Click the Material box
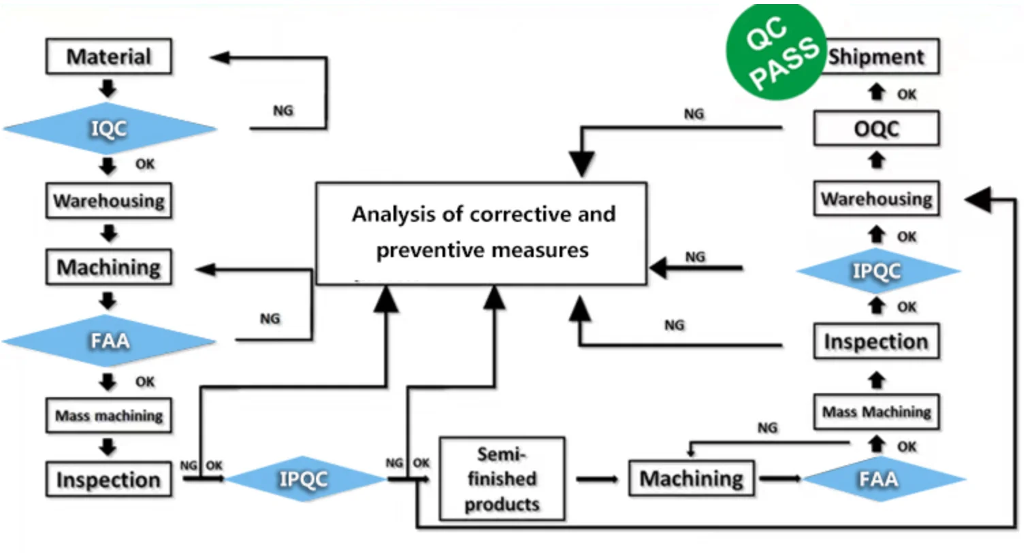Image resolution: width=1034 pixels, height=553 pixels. click(x=108, y=56)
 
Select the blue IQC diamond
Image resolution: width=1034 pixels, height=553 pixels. click(x=110, y=129)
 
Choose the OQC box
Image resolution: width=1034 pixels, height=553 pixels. click(x=876, y=129)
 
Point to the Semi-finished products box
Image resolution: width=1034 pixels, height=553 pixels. click(x=502, y=479)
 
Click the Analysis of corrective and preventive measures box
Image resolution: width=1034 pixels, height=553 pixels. click(x=481, y=233)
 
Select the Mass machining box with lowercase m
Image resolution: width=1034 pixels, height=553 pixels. click(x=108, y=415)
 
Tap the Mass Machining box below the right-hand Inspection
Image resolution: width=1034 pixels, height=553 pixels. click(x=876, y=412)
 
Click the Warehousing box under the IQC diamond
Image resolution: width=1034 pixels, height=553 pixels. click(x=108, y=200)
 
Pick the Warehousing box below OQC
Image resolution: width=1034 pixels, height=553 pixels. click(x=876, y=199)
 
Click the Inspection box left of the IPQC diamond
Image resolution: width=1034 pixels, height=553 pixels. click(x=108, y=480)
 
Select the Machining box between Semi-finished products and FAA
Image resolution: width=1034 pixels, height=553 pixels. click(x=692, y=478)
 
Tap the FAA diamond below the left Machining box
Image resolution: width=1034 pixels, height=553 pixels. click(x=109, y=341)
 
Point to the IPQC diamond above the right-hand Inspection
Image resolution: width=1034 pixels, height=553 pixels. click(x=878, y=271)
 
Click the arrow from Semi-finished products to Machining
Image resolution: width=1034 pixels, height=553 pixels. click(x=596, y=480)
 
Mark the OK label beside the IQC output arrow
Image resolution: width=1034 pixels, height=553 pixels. click(x=145, y=164)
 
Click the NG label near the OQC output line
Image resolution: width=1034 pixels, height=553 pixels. click(x=694, y=114)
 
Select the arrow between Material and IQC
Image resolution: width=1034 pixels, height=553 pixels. click(x=108, y=88)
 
